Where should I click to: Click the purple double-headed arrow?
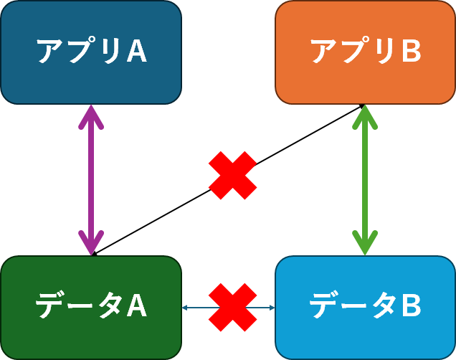[91, 179]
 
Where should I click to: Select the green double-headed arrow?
[365, 179]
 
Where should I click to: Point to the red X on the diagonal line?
[232, 175]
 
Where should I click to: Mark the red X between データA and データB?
[232, 308]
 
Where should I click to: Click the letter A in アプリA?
[136, 52]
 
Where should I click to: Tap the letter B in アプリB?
[411, 52]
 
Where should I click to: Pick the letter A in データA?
[136, 307]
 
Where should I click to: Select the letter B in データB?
[411, 307]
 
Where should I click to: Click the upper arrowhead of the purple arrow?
[91, 115]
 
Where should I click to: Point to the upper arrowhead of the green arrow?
[365, 115]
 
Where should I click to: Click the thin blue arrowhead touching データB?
[272, 308]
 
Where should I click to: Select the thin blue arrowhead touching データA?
[186, 308]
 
